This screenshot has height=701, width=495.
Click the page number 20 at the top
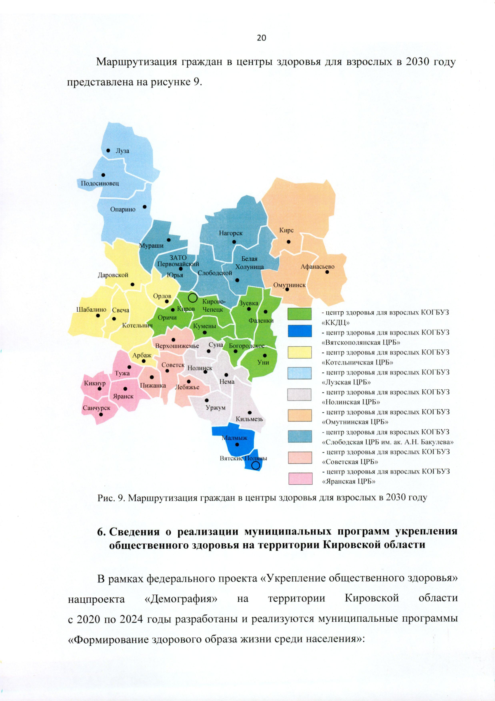[262, 38]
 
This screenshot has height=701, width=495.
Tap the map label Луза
[122, 151]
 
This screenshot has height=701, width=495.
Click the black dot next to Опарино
[144, 207]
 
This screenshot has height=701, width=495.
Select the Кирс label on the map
[286, 230]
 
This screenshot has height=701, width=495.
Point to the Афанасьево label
[317, 267]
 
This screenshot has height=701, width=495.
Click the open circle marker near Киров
[193, 298]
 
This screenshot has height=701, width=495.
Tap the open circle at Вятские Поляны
[256, 465]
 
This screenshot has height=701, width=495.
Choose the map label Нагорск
[231, 233]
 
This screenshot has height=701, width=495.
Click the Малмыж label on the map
[235, 438]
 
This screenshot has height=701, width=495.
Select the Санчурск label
[97, 408]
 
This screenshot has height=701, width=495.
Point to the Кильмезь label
[249, 419]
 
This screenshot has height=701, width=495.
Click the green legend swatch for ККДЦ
[299, 314]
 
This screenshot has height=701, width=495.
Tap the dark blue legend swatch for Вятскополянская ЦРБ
[299, 332]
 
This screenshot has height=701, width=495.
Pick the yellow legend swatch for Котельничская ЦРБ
[299, 352]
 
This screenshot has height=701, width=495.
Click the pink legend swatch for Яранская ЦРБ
[300, 478]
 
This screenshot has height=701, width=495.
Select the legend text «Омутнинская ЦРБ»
[355, 422]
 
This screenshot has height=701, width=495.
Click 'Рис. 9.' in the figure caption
[111, 498]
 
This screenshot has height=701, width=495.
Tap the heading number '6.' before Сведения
[101, 532]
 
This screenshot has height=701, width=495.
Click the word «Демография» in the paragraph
[181, 599]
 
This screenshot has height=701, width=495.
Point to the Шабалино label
[91, 310]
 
